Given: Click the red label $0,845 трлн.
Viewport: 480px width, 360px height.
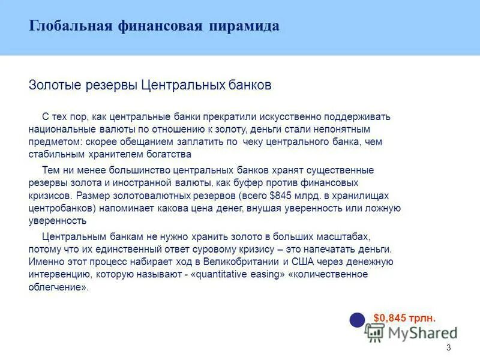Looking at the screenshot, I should click(x=404, y=317).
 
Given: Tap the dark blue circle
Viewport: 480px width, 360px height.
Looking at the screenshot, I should click(x=358, y=320).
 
